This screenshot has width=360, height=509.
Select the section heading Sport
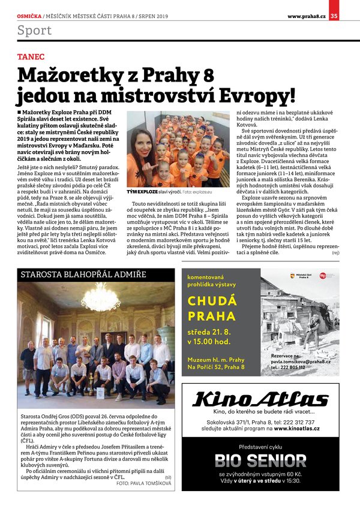point(34,30)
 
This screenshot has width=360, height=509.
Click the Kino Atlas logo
point(262,399)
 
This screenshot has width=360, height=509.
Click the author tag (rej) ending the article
point(335,253)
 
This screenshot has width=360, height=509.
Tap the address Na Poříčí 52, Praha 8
point(216,366)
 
